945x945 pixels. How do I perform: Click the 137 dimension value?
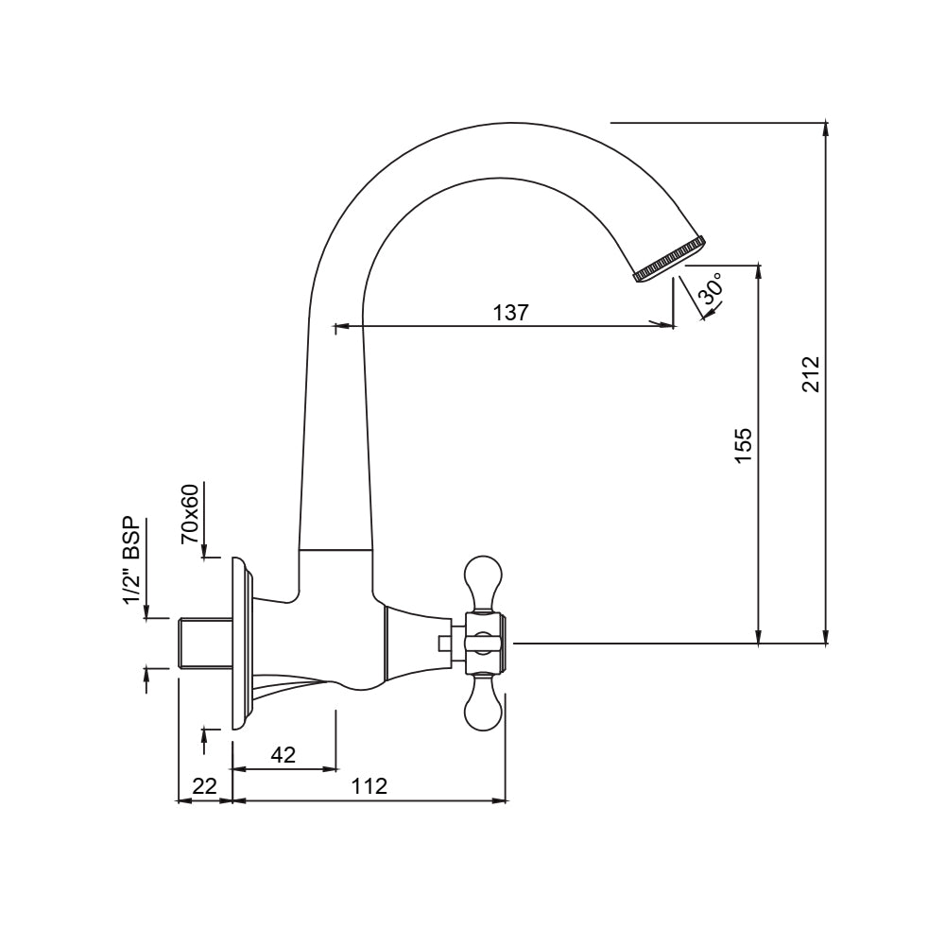tap(511, 313)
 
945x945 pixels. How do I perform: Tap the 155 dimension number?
tap(743, 445)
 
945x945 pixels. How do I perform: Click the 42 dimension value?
tap(283, 754)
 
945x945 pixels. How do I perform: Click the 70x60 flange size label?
tap(190, 514)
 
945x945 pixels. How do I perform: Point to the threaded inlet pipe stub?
tap(204, 644)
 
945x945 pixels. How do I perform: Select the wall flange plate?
tap(240, 644)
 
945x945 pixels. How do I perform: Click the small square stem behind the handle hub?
tap(445, 644)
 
